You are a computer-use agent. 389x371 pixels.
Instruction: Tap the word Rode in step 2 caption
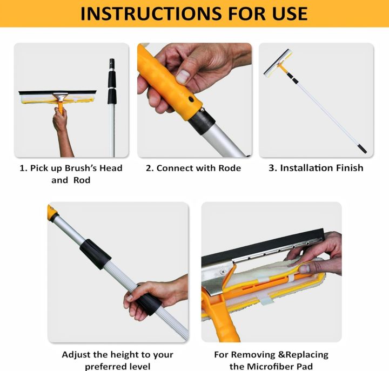point(230,168)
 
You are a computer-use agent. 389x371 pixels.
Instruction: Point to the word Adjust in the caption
point(76,355)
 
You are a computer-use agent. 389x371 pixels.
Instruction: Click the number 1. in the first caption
point(24,168)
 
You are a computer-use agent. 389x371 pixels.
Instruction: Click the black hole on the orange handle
point(191,99)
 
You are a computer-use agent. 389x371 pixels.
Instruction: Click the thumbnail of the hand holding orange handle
point(194,100)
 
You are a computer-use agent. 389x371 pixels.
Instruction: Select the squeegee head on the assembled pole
point(278,63)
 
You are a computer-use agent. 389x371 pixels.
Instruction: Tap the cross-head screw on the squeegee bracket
point(223,272)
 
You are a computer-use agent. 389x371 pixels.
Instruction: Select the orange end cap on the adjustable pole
point(52,212)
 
